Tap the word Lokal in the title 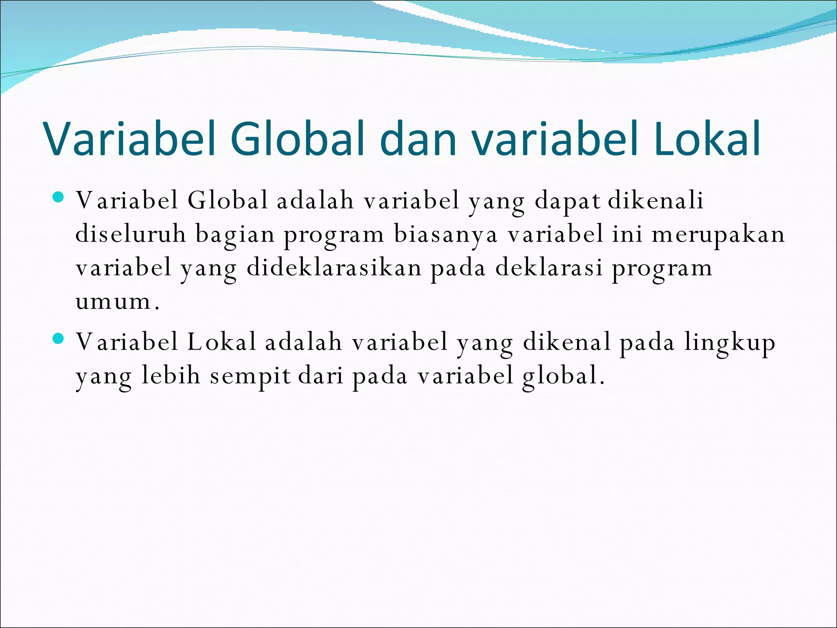pos(707,139)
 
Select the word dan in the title pos(418,139)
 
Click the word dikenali pos(656,200)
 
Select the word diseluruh pos(130,234)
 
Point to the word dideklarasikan pos(334,268)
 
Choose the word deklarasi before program pos(549,268)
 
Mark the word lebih pos(171,375)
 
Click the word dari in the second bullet pos(321,375)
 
